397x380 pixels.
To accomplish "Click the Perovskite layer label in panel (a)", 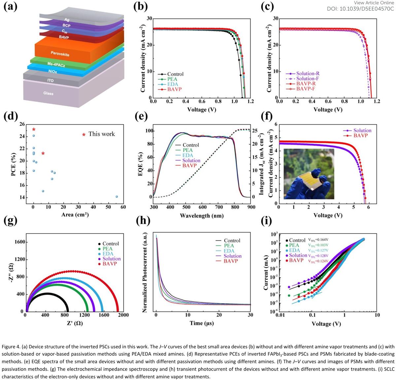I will coord(60,53).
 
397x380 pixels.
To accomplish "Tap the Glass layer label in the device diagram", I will coord(48,93).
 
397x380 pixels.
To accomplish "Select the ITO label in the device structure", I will coord(50,80).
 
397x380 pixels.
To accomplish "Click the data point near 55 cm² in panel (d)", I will coord(117,197).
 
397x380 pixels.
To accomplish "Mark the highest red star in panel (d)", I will coord(34,129).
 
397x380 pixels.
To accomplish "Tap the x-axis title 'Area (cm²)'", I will coord(75,215).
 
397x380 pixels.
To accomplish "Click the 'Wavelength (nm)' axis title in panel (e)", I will coord(202,216).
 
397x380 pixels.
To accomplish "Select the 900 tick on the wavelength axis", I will coord(251,207).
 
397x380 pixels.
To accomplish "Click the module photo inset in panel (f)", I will coord(309,174).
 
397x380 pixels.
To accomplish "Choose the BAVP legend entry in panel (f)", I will coord(360,136).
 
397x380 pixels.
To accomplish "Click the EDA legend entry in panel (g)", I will coord(108,254).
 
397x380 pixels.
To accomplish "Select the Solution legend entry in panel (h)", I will coord(232,256).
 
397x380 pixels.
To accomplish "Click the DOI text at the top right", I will coord(360,9).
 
